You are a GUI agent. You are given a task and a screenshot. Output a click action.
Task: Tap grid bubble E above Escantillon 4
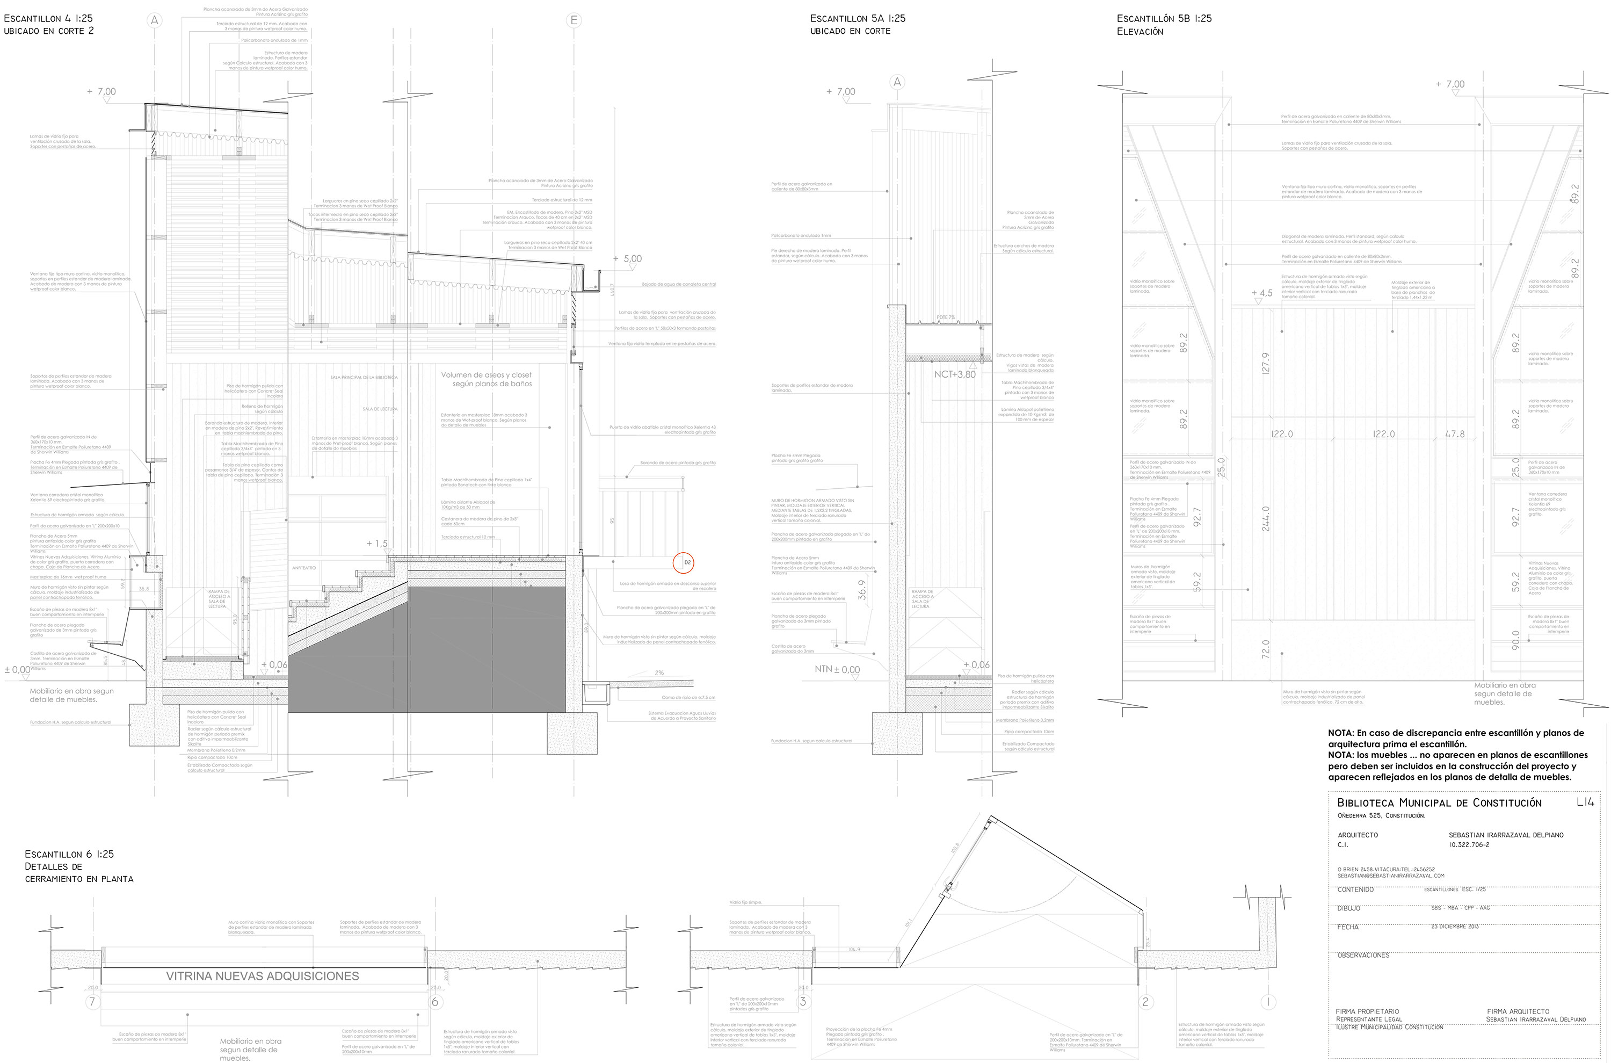[574, 20]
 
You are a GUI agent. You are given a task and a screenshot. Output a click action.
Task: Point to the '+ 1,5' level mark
[377, 543]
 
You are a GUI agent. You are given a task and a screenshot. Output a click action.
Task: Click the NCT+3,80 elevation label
[954, 374]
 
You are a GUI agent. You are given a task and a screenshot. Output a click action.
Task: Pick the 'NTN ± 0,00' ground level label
[837, 669]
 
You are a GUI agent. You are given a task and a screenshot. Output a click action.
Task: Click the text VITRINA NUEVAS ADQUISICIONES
[262, 976]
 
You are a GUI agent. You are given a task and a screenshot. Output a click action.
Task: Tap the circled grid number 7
[93, 1002]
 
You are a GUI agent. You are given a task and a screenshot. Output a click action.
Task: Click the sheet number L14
[1585, 802]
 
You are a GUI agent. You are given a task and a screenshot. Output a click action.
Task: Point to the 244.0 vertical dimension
[1265, 519]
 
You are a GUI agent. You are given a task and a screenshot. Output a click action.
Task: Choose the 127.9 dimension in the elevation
[1265, 363]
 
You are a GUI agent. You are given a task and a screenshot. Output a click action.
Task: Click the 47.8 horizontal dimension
[1454, 434]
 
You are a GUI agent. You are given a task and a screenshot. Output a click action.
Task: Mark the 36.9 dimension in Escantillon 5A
[862, 590]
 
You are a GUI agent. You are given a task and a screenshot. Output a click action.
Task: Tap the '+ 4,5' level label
[1262, 293]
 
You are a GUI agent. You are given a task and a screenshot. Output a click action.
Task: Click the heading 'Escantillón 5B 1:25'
[1164, 19]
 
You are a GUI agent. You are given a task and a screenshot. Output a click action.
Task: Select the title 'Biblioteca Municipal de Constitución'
[1439, 802]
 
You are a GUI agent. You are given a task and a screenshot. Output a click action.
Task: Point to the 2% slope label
[659, 672]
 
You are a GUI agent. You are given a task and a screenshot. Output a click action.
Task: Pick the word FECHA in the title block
[1348, 927]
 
